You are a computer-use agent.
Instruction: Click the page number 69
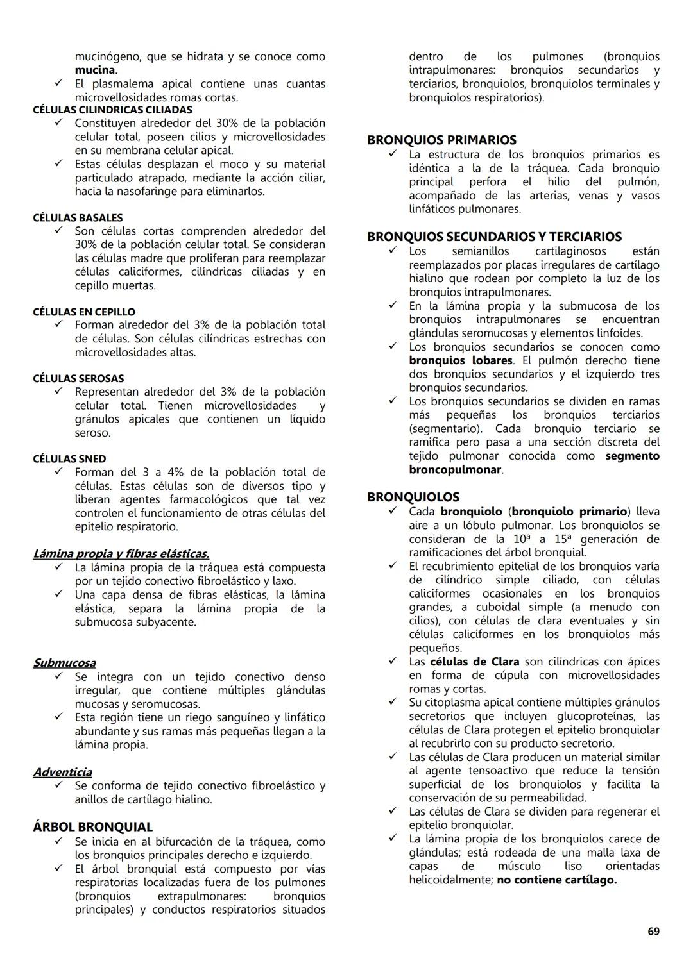tap(653, 931)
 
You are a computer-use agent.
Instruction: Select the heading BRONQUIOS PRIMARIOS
tap(441, 140)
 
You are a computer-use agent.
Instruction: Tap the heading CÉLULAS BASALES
tap(78, 218)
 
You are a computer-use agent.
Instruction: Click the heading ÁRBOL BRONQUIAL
tap(92, 827)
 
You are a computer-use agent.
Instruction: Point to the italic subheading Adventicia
tap(62, 772)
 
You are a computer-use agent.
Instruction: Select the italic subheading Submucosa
tap(64, 663)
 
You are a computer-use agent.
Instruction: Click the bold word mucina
tap(94, 70)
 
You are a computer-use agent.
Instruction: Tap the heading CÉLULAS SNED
tap(69, 459)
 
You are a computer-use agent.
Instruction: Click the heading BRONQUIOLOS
tap(413, 497)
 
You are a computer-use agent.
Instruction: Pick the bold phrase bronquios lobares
tap(461, 360)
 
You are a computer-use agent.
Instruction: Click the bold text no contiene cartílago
tap(556, 880)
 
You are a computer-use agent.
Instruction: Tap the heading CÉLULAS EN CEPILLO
tap(84, 312)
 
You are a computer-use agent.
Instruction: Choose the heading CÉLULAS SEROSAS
tap(78, 379)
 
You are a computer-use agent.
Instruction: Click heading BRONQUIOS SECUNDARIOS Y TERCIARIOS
tap(494, 237)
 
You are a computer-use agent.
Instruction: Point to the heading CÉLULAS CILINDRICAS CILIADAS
tap(112, 110)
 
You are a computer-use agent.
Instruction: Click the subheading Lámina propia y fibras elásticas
tap(121, 553)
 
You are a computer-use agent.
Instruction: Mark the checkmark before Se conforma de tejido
tap(58, 785)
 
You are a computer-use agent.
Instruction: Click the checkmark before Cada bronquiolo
tap(393, 511)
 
